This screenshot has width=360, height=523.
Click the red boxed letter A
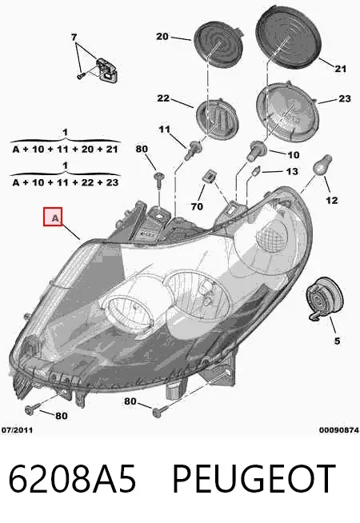click(x=53, y=217)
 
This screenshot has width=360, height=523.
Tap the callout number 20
click(x=162, y=36)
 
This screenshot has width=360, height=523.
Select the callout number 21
click(x=340, y=69)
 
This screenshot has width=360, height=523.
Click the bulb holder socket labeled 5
click(x=325, y=297)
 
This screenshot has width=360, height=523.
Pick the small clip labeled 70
click(x=209, y=177)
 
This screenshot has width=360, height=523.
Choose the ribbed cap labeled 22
click(x=217, y=118)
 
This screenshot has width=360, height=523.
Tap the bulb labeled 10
click(x=256, y=151)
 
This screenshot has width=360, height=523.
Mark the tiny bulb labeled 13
click(x=256, y=172)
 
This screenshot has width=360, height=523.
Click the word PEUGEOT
click(x=254, y=479)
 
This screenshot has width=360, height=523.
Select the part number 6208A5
click(x=72, y=479)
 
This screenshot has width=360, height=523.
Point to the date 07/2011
click(x=17, y=429)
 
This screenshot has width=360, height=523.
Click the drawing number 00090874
click(x=338, y=430)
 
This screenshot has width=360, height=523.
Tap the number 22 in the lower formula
click(x=87, y=182)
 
